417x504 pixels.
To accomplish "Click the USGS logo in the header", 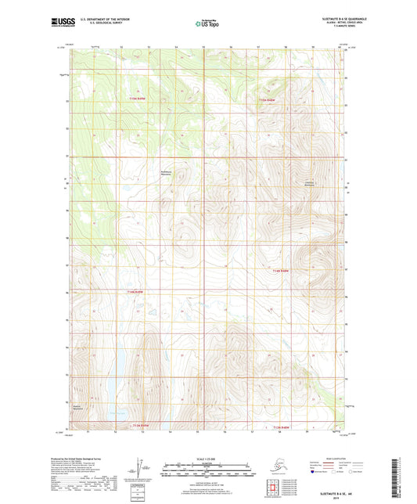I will (59, 23).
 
